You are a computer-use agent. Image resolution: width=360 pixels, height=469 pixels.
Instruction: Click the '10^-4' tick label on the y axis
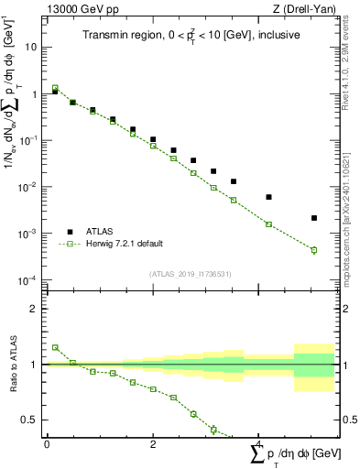coord(29,280)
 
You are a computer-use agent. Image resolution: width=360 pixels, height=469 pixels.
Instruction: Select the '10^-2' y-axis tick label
coord(29,187)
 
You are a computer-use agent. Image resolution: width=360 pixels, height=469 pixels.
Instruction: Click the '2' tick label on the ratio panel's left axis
coord(35,309)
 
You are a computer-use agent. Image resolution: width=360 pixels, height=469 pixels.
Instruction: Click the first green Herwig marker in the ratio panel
coord(55,347)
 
